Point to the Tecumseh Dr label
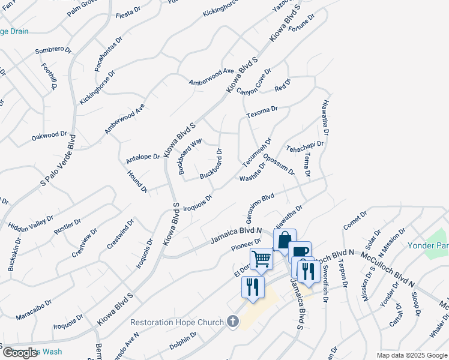coord(257,153)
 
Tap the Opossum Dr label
coord(279,163)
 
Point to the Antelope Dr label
coord(143,158)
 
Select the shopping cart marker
coord(261,259)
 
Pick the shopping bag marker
coord(285,239)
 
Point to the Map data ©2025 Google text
coord(411,355)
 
